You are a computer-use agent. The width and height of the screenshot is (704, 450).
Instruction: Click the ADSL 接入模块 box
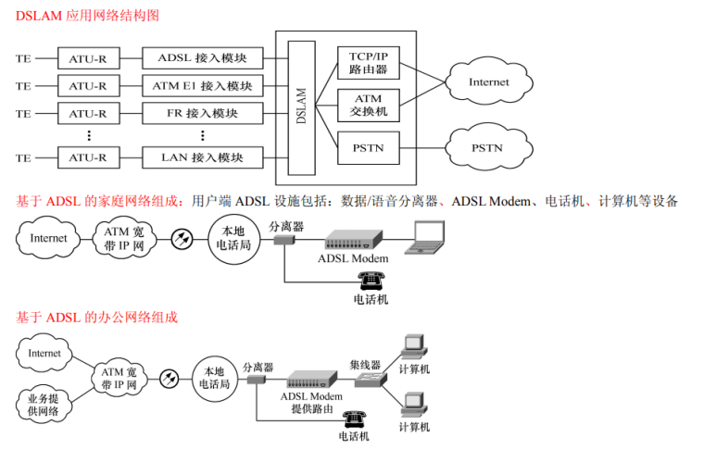tap(202, 58)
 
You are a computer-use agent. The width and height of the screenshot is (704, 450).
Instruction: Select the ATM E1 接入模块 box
tap(202, 87)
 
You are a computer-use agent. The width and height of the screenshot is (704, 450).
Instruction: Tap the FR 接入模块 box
tap(202, 114)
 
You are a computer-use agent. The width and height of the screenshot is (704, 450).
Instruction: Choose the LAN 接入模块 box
tap(202, 157)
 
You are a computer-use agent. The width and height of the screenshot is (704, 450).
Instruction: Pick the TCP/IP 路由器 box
tap(368, 62)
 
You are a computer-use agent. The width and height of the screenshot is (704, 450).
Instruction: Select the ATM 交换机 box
tap(368, 104)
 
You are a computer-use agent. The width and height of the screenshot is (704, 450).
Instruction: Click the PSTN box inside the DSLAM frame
tap(368, 147)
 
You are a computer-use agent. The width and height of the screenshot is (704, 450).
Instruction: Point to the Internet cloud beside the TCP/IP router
tap(488, 81)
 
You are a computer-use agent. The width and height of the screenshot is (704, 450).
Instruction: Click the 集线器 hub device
tap(365, 380)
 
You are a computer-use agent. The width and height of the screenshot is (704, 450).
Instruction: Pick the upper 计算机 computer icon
tap(413, 349)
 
